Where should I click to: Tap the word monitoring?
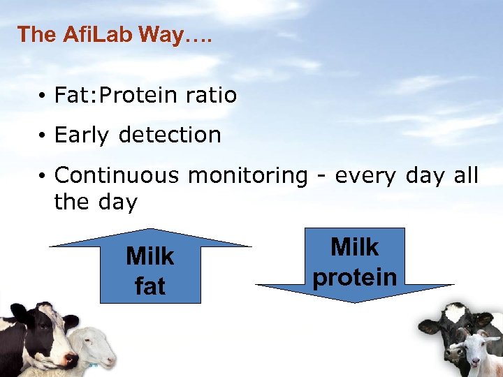coord(248,175)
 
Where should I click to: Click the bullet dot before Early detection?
coord(43,135)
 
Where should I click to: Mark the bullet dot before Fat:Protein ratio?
coord(43,96)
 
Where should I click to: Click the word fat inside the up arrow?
coord(150,286)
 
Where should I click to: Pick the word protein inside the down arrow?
coord(354,276)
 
